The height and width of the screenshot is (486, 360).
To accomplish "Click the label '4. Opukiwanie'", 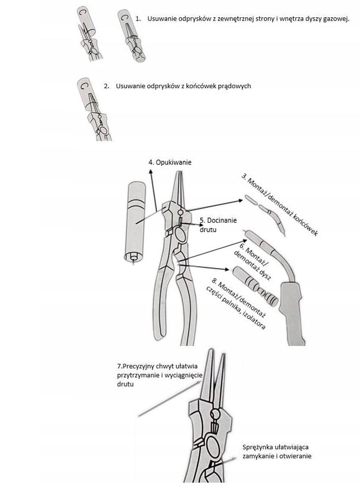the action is [170, 162].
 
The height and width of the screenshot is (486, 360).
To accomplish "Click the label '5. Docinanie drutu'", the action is [218, 225].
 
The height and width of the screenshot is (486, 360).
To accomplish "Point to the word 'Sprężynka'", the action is [257, 447].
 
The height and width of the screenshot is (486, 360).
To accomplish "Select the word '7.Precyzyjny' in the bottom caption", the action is [135, 366].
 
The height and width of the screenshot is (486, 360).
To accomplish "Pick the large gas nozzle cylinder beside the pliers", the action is [135, 223].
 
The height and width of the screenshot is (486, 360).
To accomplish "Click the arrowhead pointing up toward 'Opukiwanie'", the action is [151, 171].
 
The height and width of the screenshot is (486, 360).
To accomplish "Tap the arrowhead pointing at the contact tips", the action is [241, 200].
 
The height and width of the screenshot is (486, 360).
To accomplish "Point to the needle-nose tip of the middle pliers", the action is [179, 172].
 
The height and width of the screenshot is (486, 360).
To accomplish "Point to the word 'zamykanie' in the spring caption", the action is [258, 456].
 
